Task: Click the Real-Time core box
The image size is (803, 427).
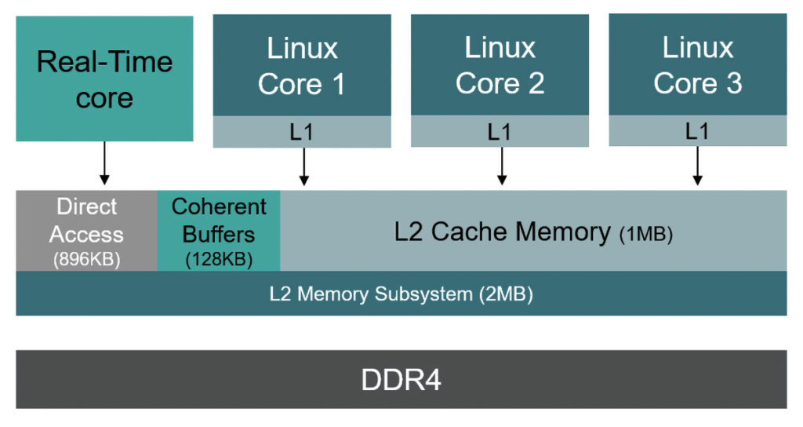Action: click(104, 78)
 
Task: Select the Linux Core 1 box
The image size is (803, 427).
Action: click(302, 65)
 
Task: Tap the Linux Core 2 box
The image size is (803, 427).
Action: click(500, 65)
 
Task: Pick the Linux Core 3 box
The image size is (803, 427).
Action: click(697, 65)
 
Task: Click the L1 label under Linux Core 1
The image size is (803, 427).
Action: click(302, 132)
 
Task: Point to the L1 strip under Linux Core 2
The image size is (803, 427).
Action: click(500, 132)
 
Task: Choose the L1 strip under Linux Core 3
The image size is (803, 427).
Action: click(697, 131)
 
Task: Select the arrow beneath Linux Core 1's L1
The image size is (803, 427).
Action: click(304, 166)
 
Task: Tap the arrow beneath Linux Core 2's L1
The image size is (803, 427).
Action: click(502, 166)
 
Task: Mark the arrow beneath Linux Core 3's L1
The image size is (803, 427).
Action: click(697, 166)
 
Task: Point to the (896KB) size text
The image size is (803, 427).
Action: click(86, 260)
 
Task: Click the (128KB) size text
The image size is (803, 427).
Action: click(219, 260)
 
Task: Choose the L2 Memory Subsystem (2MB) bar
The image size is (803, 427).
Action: click(401, 294)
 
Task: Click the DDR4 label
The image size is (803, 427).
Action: click(401, 380)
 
